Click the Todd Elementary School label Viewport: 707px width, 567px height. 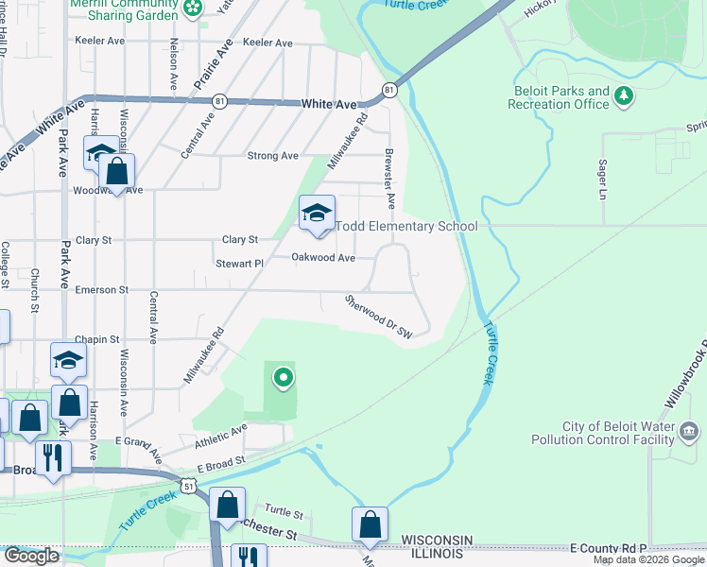[x=406, y=226]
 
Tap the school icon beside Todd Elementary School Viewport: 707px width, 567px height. [x=317, y=214]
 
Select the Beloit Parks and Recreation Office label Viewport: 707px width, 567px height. [x=559, y=97]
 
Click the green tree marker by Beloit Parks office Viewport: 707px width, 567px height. [x=623, y=95]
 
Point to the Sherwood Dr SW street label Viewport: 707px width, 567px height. [x=380, y=317]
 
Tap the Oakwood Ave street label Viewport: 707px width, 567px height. [x=322, y=257]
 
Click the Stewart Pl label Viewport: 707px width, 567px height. [x=238, y=265]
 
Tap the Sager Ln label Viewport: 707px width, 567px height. [x=602, y=180]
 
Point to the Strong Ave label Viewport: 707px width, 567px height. [x=272, y=156]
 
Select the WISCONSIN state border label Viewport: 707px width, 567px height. [x=437, y=539]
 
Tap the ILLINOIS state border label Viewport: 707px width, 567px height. [x=437, y=555]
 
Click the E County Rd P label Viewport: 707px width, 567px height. [x=610, y=548]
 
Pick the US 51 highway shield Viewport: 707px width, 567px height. [x=190, y=486]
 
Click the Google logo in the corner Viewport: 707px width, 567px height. [x=30, y=556]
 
